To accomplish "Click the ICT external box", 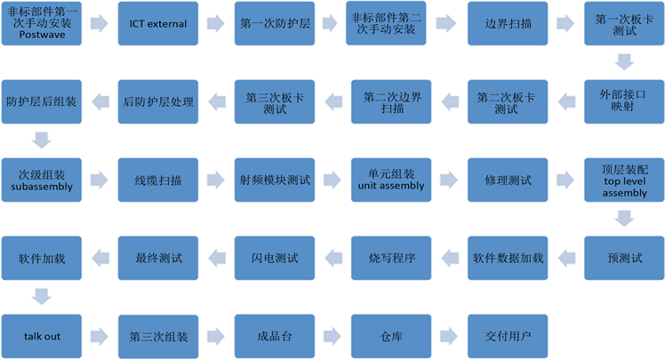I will click(x=158, y=24).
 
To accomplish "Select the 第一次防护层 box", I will click(x=275, y=24).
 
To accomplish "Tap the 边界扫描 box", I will click(x=509, y=24).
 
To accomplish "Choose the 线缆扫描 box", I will click(x=158, y=180).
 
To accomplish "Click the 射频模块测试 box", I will click(x=275, y=180).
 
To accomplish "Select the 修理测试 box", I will click(x=509, y=180).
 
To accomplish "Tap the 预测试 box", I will click(x=623, y=258).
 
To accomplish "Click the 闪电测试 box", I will click(x=275, y=258).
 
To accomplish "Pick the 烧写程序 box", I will click(x=392, y=258).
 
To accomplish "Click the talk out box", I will click(x=41, y=336).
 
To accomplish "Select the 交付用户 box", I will click(x=509, y=336).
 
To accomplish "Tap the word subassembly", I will click(x=41, y=188).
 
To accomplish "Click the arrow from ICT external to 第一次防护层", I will click(x=217, y=24).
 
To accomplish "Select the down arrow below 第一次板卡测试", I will click(x=623, y=62).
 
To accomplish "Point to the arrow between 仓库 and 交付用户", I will click(x=451, y=336).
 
